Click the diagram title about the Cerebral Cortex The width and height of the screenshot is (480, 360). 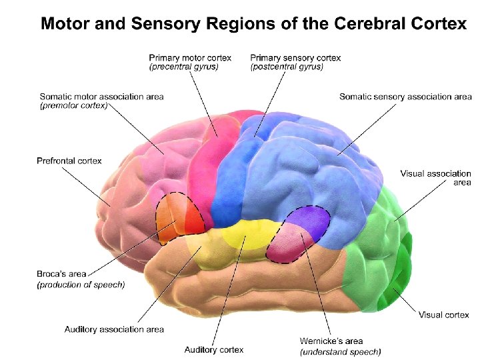pos(253,24)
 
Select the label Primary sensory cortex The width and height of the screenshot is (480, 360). pos(295,58)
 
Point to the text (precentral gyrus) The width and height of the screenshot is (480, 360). pos(184,67)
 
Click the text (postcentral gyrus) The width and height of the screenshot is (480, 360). pos(287,67)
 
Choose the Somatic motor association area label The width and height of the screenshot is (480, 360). pos(101,97)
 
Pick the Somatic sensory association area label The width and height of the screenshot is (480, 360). pos(405,97)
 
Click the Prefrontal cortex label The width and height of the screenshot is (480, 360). pos(69,161)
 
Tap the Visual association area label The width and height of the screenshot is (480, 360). pos(435,178)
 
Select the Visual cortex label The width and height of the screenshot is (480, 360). pos(444,315)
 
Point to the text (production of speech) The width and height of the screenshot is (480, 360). pos(81,285)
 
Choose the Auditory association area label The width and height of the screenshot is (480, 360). pos(114,329)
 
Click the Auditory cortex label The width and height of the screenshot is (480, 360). pos(214,349)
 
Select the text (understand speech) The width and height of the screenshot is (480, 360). pos(340,351)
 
